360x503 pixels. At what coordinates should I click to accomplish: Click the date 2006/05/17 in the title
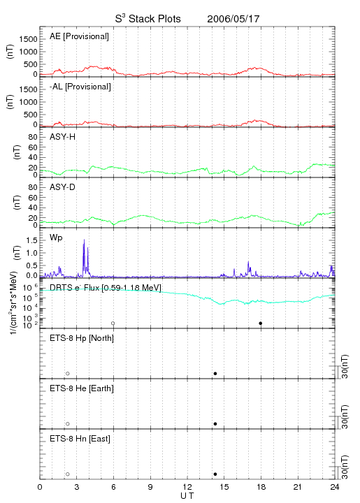tap(233, 19)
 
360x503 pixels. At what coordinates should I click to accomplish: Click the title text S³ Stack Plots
tap(147, 19)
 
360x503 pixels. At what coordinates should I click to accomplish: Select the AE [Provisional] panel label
tap(79, 36)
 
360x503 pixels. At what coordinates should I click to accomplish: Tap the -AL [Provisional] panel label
tap(80, 87)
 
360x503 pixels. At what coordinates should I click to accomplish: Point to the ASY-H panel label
tap(62, 137)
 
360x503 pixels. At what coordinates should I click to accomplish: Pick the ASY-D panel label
tap(62, 187)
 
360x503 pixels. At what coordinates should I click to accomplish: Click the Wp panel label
tap(56, 238)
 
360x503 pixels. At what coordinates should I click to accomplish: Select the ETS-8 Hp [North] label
tap(82, 338)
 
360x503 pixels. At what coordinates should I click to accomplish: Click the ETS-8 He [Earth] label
tap(82, 388)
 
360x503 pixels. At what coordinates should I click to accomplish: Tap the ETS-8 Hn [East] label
tap(80, 439)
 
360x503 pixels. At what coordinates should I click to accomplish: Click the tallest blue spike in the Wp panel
tap(84, 240)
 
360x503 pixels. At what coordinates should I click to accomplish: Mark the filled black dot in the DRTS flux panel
tap(261, 323)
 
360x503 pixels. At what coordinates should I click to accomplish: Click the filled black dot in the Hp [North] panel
tap(215, 373)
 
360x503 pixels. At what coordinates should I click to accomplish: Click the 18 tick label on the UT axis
tap(261, 487)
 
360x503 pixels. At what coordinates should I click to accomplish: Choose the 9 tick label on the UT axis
tap(150, 487)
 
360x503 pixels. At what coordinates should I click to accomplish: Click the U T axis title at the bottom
tap(187, 496)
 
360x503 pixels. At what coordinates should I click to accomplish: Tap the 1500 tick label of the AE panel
tap(29, 39)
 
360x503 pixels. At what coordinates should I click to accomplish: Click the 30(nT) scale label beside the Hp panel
tap(345, 366)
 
